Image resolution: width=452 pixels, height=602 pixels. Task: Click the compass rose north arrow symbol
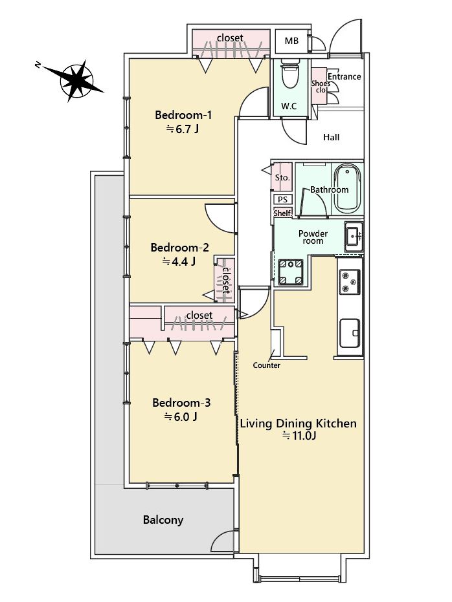coord(76,81)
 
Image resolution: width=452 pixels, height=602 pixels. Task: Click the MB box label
coord(291,40)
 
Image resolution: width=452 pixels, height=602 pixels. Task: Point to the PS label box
coord(282,199)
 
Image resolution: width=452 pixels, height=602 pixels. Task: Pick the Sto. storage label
coord(282,178)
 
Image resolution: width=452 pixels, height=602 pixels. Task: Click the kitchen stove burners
coord(350,282)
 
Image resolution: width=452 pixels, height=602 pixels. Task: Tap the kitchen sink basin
coord(350,333)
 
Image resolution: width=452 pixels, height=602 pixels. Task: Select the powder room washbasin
coord(353,236)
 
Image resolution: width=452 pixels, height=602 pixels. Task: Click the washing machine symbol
coord(291,272)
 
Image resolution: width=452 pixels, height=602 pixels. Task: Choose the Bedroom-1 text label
coord(183,115)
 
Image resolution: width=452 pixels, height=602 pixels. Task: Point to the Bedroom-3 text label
coord(181,403)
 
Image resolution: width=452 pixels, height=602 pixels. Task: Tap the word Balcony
coord(163,520)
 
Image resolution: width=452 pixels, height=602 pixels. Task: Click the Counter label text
coord(266,365)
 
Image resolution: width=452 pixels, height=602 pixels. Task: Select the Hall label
coord(332,137)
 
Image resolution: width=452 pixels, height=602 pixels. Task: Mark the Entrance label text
coord(345,76)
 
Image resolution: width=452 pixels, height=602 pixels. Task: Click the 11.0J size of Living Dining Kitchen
coord(299,436)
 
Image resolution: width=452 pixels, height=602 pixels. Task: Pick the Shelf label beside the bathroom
coord(282,213)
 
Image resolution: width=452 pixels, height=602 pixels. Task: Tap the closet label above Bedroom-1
coord(231,38)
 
